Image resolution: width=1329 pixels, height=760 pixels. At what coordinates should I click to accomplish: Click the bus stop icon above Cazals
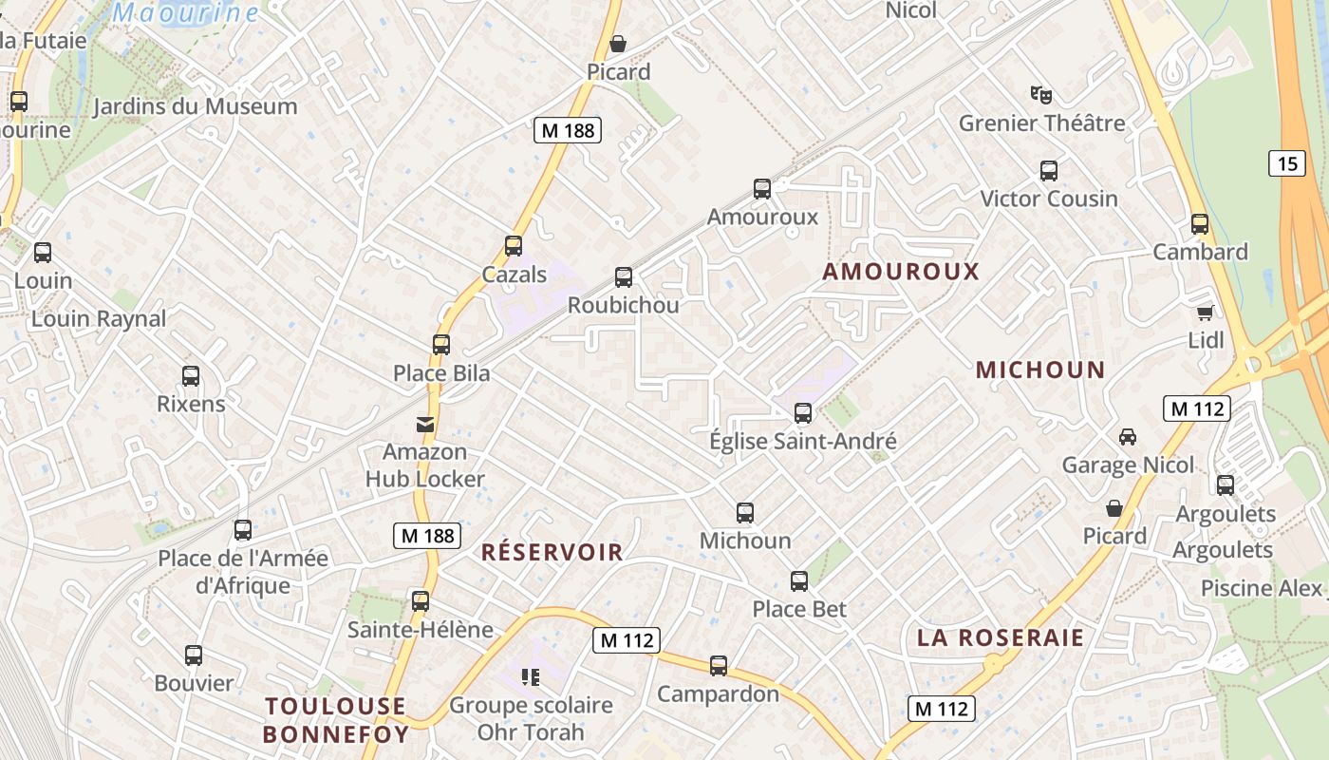pyautogui.click(x=514, y=246)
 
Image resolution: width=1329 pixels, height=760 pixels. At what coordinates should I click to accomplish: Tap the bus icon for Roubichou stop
pyautogui.click(x=624, y=277)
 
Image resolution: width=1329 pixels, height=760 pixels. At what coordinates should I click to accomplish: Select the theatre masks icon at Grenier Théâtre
pyautogui.click(x=1041, y=95)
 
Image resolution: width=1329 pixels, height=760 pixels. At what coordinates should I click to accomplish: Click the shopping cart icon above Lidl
pyautogui.click(x=1206, y=313)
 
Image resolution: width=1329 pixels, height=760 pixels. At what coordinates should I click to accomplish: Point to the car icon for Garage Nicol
pyautogui.click(x=1128, y=437)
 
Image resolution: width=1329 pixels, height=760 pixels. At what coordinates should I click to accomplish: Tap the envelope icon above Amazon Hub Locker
pyautogui.click(x=425, y=425)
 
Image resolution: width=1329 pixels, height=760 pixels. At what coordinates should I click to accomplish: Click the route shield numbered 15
pyautogui.click(x=1286, y=163)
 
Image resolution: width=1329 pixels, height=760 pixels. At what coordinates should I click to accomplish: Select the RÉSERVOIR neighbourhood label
pyautogui.click(x=552, y=552)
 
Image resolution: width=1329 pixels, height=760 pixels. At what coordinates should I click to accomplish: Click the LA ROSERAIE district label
pyautogui.click(x=1001, y=637)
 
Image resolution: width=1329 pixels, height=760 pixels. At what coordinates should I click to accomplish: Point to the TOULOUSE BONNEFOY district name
pyautogui.click(x=336, y=720)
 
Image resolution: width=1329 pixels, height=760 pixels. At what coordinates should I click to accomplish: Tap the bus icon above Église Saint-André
pyautogui.click(x=803, y=413)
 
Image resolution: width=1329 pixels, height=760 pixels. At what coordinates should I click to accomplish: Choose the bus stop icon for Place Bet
pyautogui.click(x=799, y=580)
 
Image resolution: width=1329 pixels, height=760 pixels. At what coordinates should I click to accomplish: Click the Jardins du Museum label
pyautogui.click(x=195, y=106)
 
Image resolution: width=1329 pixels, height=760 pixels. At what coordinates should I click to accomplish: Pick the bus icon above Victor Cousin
pyautogui.click(x=1049, y=171)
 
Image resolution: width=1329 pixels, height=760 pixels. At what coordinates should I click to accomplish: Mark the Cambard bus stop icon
pyautogui.click(x=1200, y=224)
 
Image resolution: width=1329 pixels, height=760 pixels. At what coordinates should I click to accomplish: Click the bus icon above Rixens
pyautogui.click(x=191, y=376)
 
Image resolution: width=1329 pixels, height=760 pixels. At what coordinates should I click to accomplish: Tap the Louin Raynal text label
pyautogui.click(x=99, y=319)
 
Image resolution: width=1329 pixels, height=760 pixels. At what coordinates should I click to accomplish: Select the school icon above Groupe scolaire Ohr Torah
pyautogui.click(x=531, y=677)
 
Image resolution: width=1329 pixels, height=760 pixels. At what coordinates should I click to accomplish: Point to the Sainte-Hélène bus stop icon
pyautogui.click(x=421, y=601)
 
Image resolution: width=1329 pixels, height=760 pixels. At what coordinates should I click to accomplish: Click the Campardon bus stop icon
pyautogui.click(x=719, y=666)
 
